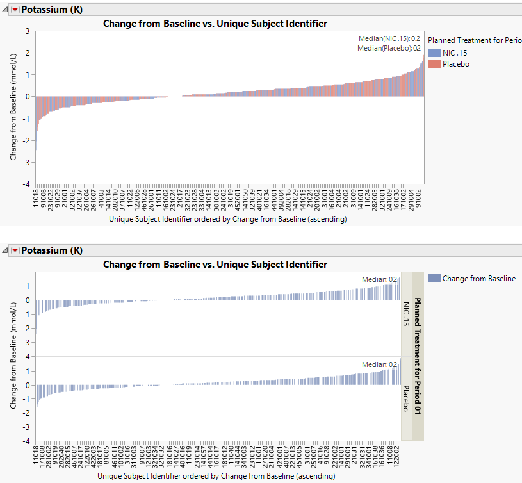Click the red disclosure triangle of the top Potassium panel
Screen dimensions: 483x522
pyautogui.click(x=15, y=10)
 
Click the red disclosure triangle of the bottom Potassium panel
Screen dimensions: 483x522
pyautogui.click(x=15, y=250)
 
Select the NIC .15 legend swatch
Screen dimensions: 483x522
pyautogui.click(x=434, y=53)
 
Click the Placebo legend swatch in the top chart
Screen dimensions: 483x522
pyautogui.click(x=434, y=64)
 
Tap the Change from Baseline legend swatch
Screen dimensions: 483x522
pyautogui.click(x=434, y=279)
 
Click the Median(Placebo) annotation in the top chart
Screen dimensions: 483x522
pyautogui.click(x=389, y=48)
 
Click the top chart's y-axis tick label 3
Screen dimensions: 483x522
pyautogui.click(x=28, y=31)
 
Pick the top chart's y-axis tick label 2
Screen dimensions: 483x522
pyautogui.click(x=28, y=53)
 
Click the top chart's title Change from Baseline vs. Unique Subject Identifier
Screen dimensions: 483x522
pyautogui.click(x=215, y=24)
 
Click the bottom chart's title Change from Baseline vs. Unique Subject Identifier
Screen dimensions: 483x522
pyautogui.click(x=215, y=264)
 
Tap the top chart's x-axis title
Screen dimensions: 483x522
pyautogui.click(x=227, y=219)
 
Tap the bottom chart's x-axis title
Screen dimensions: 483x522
pyautogui.click(x=216, y=477)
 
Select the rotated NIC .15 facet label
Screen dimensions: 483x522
pyautogui.click(x=405, y=314)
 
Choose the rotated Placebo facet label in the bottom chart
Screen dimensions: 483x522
pyautogui.click(x=405, y=398)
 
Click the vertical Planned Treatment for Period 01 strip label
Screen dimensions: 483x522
pyautogui.click(x=418, y=356)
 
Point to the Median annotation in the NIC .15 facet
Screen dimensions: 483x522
pyautogui.click(x=384, y=279)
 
